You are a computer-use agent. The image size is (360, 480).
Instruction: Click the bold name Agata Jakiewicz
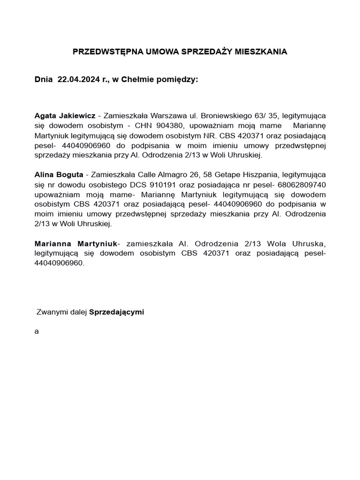point(65,115)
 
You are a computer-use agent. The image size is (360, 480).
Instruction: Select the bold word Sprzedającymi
point(116,312)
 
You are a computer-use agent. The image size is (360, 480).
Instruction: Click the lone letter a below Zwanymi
point(37,331)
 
